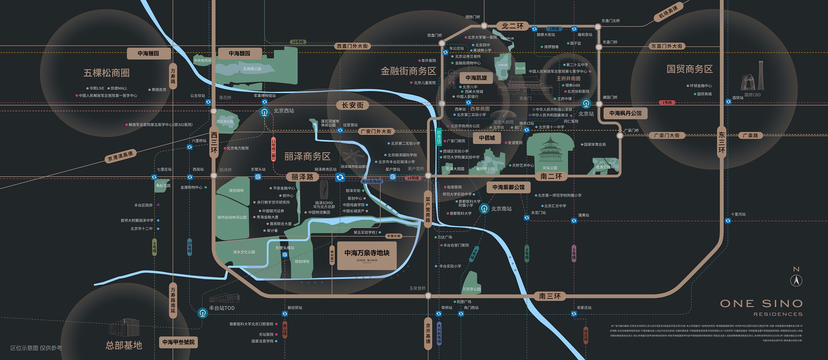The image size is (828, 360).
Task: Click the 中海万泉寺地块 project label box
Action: (x=367, y=255)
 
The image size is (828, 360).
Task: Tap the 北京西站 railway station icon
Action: (x=265, y=112)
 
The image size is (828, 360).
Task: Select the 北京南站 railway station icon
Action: (x=484, y=209)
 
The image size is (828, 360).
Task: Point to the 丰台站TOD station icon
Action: (x=202, y=313)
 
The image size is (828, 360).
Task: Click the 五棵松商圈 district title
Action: (x=106, y=73)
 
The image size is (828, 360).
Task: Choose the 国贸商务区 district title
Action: (x=689, y=69)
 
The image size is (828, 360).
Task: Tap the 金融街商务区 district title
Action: (x=408, y=71)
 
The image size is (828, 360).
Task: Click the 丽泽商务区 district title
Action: (x=307, y=156)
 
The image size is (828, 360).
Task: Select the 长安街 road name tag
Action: (x=353, y=106)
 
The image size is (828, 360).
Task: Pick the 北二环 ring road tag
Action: (x=513, y=26)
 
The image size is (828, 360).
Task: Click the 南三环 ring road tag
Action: (x=550, y=296)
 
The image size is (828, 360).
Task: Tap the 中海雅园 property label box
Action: (x=148, y=53)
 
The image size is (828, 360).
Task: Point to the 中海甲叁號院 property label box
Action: (x=178, y=342)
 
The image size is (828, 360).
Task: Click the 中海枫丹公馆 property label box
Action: (x=625, y=113)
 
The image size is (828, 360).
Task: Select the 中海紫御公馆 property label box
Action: (x=508, y=187)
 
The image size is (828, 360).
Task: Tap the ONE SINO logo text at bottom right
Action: (x=761, y=304)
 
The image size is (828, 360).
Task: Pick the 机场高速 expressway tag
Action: (x=668, y=13)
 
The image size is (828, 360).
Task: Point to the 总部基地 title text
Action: (x=124, y=345)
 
